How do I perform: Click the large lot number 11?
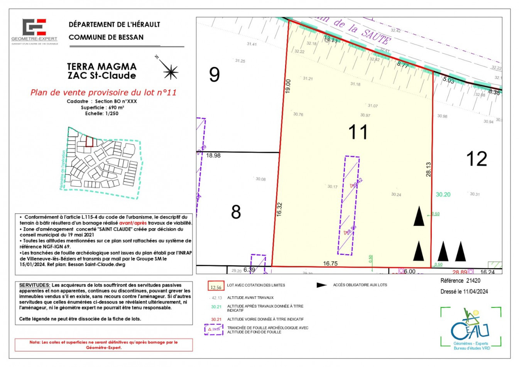358,132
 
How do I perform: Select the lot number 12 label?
477,159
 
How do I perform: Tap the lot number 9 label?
215,75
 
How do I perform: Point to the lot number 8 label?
236,212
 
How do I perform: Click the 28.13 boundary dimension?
428,169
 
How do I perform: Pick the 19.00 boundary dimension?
288,86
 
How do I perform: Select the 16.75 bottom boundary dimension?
330,263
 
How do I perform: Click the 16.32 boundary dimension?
279,209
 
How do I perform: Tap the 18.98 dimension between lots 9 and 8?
213,155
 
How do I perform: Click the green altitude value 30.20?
443,195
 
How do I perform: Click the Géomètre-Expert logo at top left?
34,31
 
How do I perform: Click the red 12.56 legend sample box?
216,286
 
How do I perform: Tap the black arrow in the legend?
321,285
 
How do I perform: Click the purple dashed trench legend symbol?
214,330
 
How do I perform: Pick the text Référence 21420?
460,281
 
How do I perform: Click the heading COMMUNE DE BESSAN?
106,37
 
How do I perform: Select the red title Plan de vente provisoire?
103,93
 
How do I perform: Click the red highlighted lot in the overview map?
89,141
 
